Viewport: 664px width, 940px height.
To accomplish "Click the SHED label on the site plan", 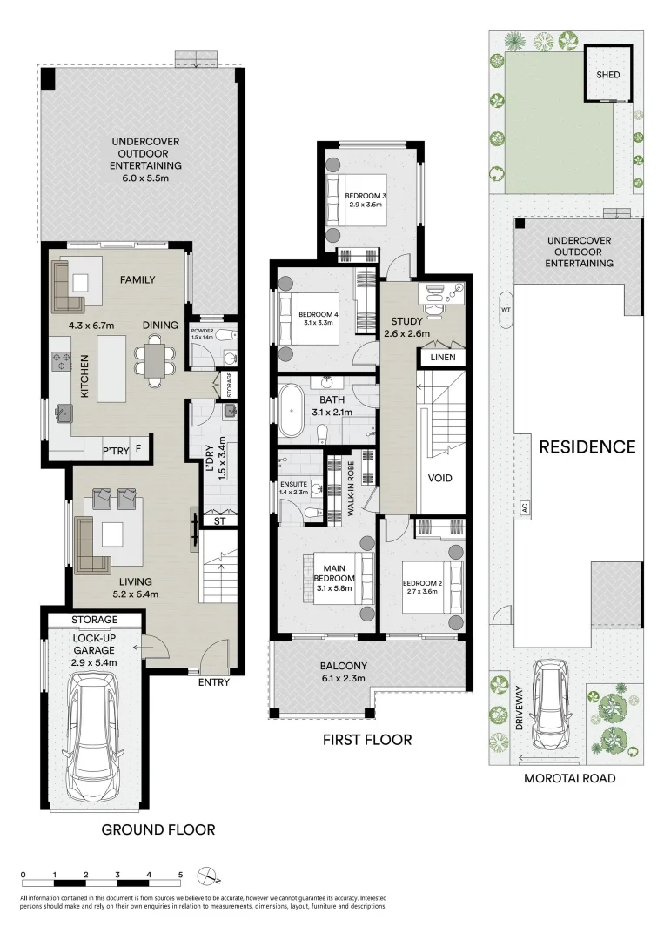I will [x=607, y=75].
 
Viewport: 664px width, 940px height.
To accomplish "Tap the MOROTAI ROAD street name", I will [x=570, y=778].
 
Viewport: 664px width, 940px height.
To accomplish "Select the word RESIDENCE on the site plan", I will [x=587, y=447].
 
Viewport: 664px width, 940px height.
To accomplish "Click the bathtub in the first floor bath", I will [x=289, y=412].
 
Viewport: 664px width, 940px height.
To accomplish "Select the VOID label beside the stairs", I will [x=441, y=479].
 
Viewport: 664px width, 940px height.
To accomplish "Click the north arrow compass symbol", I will [x=208, y=875].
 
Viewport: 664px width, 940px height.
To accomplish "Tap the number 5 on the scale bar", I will [x=180, y=874].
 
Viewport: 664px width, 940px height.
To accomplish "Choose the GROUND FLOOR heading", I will [x=158, y=829].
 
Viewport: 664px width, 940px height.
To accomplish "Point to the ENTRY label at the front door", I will [x=213, y=682].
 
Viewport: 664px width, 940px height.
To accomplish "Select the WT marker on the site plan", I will [x=504, y=309].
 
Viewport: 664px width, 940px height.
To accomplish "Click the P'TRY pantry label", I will [x=115, y=451].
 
